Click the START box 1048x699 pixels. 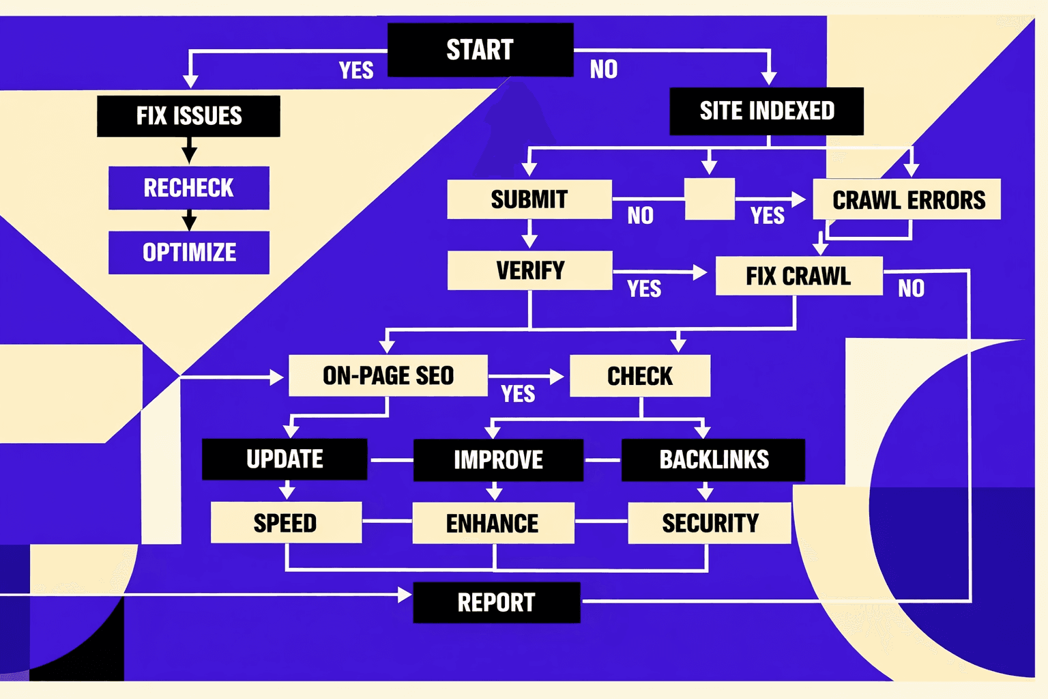point(480,50)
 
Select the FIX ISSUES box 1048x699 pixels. point(188,116)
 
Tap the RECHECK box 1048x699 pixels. point(189,188)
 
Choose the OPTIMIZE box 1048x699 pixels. point(189,253)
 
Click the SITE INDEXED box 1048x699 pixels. point(766,111)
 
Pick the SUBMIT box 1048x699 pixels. point(529,199)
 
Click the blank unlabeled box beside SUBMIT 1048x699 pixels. point(710,199)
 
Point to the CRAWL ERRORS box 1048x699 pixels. point(907,199)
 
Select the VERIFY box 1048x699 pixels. point(529,270)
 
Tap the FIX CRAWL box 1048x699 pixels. point(798,276)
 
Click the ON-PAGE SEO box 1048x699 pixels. point(388,375)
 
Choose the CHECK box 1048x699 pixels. point(639,376)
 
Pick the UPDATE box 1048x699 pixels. point(285,459)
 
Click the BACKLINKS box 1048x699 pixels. point(713,460)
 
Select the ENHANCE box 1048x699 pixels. point(493,524)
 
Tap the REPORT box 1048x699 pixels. point(496,603)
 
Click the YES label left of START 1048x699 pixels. point(356,70)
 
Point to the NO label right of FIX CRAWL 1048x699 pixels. point(911,289)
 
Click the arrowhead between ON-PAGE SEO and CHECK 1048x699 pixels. point(557,376)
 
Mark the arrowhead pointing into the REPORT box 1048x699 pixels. point(405,595)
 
